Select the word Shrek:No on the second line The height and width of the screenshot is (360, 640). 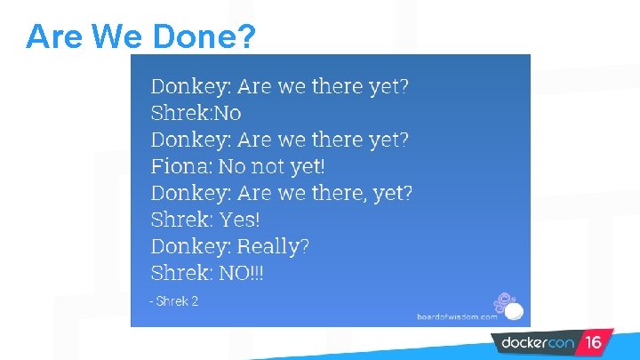[x=196, y=113]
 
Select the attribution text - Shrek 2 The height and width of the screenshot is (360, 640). [x=173, y=301]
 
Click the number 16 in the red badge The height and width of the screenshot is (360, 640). [x=593, y=342]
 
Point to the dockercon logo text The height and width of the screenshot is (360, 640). [x=538, y=342]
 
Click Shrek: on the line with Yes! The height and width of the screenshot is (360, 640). [x=180, y=220]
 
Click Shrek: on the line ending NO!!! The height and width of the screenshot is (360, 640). [x=180, y=273]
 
